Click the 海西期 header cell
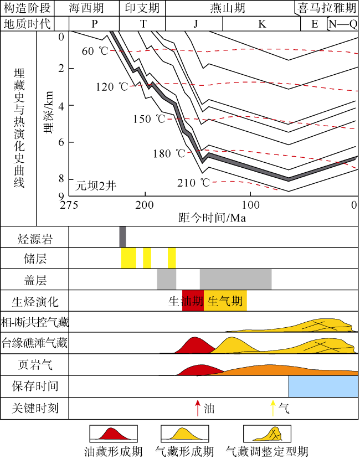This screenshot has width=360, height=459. point(94,8)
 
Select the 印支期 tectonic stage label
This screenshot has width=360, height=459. point(142,8)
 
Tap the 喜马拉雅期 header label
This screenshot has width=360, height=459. point(327,8)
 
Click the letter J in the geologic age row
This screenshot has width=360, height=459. point(195,24)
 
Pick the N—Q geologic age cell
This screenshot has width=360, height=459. point(342,24)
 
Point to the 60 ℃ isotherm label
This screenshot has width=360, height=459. point(95,51)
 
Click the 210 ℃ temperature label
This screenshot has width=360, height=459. point(194,183)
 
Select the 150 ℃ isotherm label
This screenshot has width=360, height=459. point(149,119)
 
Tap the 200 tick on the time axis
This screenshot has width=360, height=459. point(145,205)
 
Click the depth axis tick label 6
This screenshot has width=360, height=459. point(61,142)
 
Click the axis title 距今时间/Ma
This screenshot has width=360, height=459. point(212,217)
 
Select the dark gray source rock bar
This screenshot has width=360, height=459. point(122,236)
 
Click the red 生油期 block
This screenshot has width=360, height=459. point(193,301)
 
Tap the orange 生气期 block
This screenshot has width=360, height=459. point(225,301)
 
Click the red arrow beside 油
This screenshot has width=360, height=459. point(197,409)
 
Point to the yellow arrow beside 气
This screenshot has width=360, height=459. point(272,409)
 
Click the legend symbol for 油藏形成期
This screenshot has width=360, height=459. point(113,434)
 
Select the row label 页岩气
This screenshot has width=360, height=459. point(34,364)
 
